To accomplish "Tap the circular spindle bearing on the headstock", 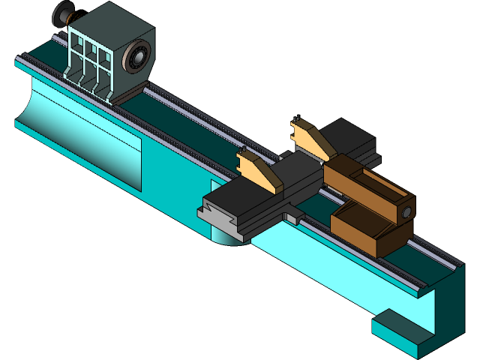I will click(x=138, y=56).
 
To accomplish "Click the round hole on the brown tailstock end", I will click(x=406, y=213).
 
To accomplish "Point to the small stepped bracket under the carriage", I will click(x=295, y=217).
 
